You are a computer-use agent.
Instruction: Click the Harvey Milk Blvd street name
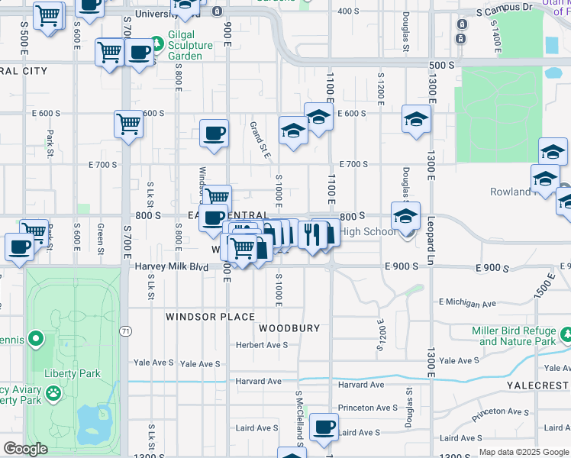(172, 267)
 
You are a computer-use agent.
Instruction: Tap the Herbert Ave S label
(262, 345)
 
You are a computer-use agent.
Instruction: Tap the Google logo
(25, 449)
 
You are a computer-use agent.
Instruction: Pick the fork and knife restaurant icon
(312, 234)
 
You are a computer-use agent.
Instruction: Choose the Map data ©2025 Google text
(523, 452)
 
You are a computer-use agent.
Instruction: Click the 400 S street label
(347, 11)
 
